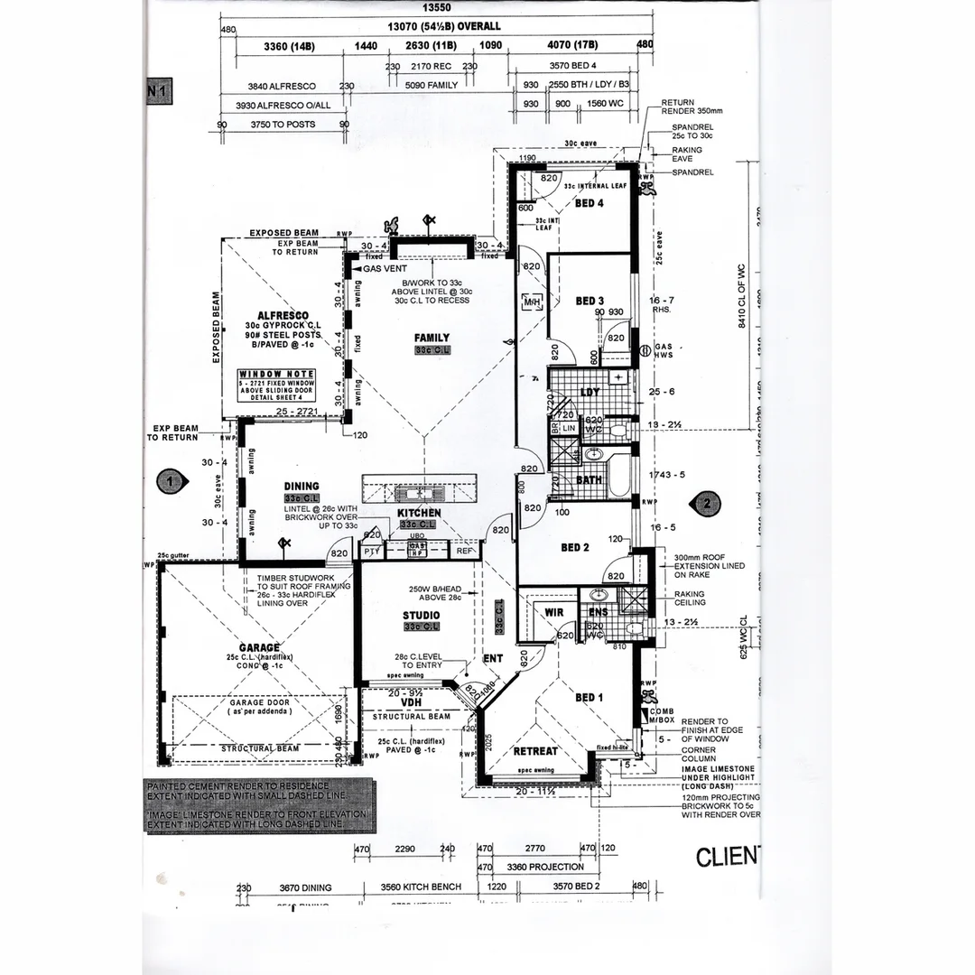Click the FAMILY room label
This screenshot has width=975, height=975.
click(x=432, y=337)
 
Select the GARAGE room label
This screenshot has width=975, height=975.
click(x=259, y=646)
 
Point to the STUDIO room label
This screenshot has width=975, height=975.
click(x=421, y=616)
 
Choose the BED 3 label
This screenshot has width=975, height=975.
click(x=590, y=301)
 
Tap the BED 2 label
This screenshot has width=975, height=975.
click(x=575, y=547)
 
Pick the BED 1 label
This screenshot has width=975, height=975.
click(x=590, y=697)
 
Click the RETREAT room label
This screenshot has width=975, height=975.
click(x=535, y=751)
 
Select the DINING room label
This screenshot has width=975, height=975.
click(x=301, y=486)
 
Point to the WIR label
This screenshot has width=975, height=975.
click(x=554, y=613)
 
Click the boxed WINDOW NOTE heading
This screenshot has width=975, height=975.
click(x=276, y=374)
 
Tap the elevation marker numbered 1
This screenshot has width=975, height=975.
click(x=168, y=482)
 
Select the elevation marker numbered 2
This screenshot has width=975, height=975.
click(x=707, y=504)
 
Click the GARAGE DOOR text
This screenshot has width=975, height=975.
click(x=259, y=701)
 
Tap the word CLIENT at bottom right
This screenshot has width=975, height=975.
click(x=728, y=856)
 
